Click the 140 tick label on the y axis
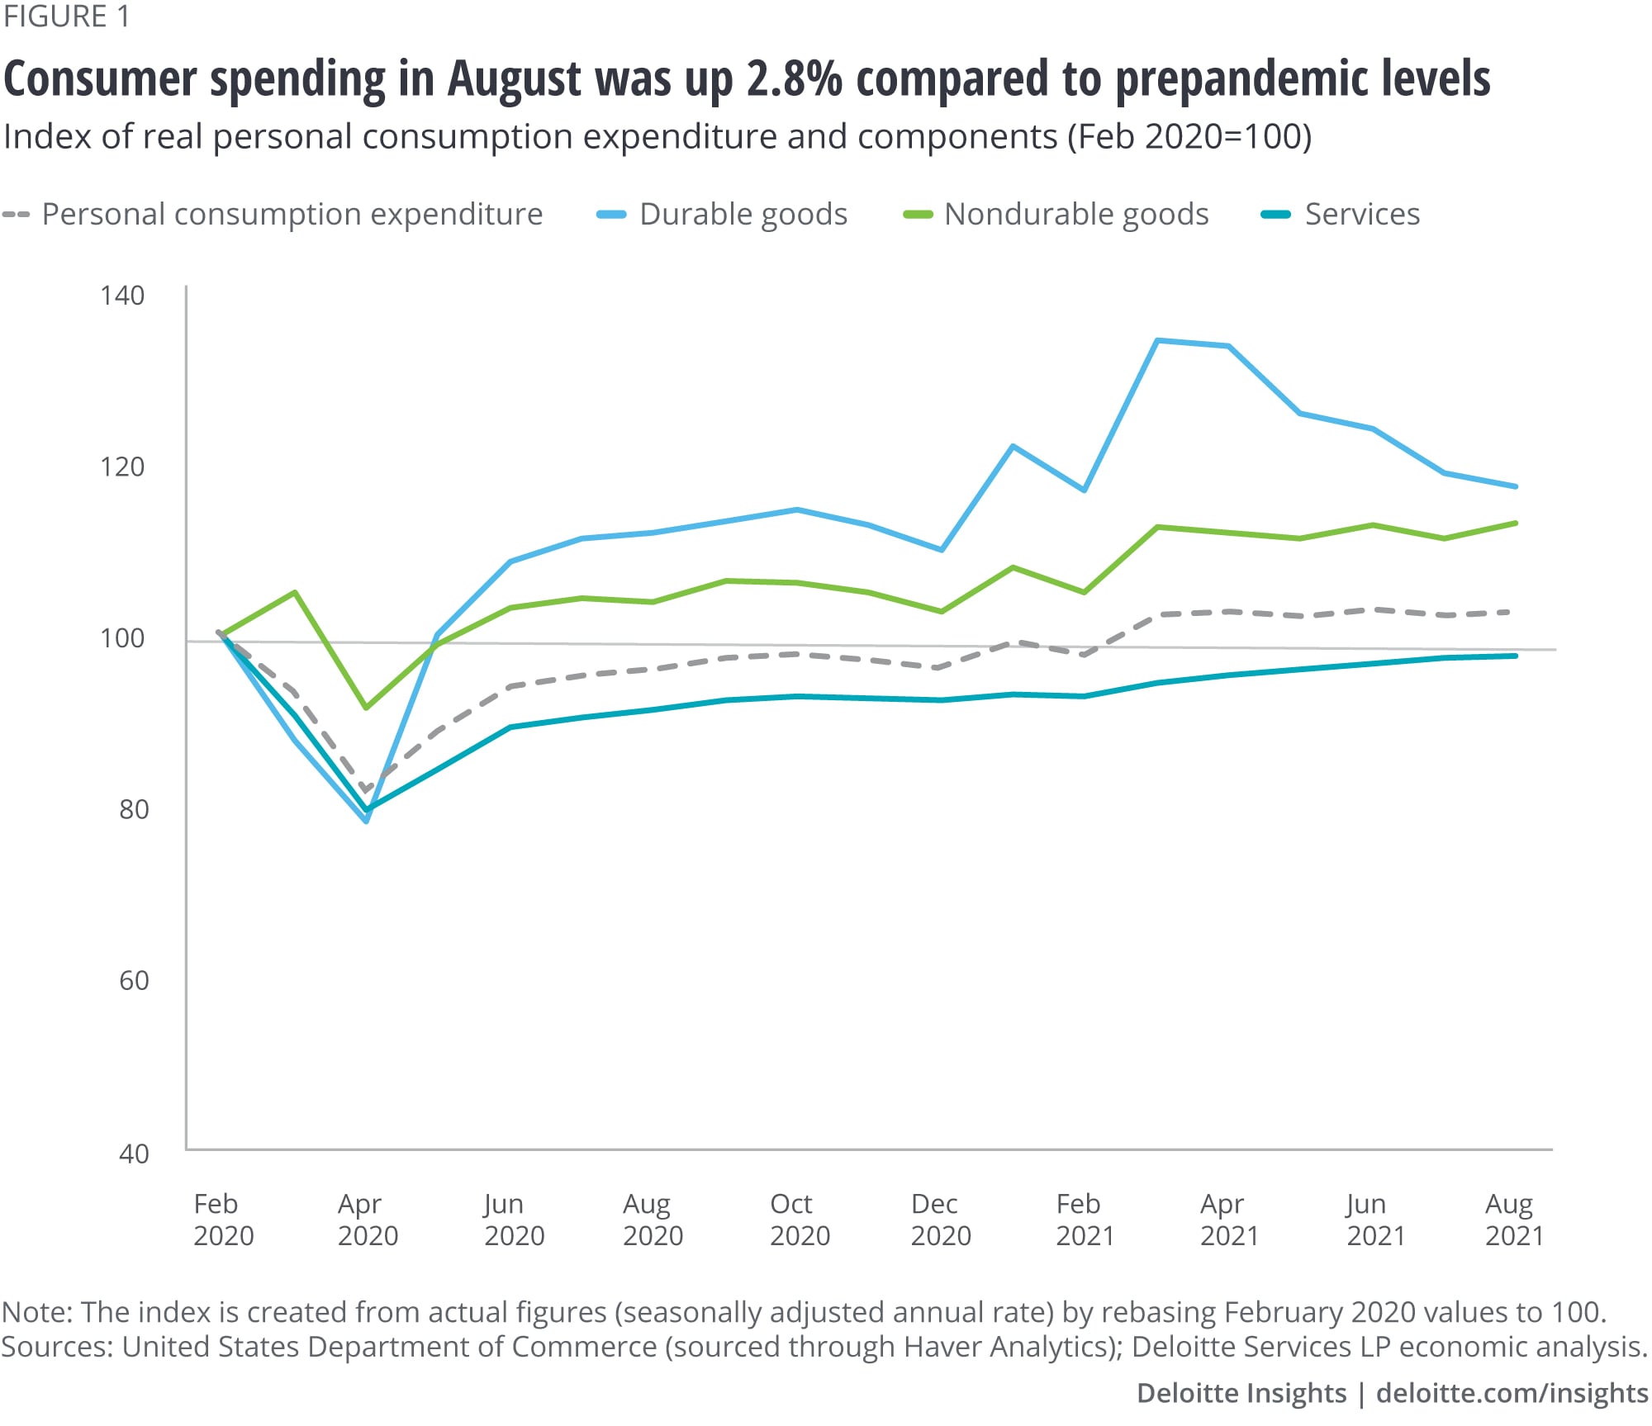122,296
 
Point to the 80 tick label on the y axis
134,809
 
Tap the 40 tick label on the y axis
134,1154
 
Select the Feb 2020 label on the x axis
223,1220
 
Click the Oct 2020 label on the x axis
800,1220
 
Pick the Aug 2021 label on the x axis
1514,1220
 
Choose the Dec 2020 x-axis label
940,1220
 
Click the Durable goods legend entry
743,215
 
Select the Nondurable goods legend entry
1075,215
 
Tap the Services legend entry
1361,215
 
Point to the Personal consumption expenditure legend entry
292,215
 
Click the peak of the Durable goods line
1157,340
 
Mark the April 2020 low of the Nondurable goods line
366,708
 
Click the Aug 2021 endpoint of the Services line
1515,656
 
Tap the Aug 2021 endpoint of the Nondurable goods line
1515,523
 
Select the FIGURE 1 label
66,17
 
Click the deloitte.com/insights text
1512,1393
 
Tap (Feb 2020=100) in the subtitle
1189,137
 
